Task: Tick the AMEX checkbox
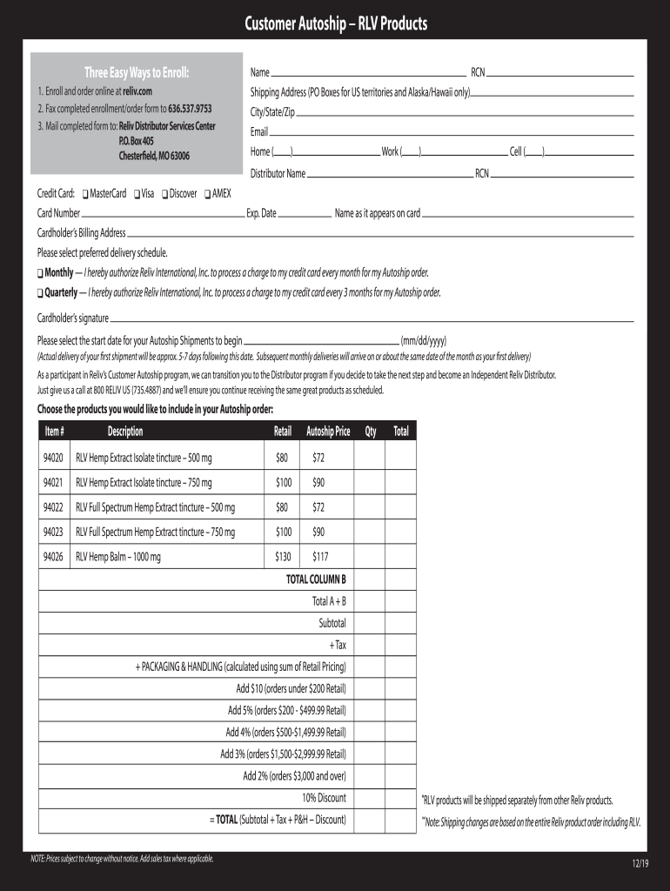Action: (x=207, y=194)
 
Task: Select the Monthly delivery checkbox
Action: (x=40, y=273)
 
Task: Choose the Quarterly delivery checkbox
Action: (x=40, y=293)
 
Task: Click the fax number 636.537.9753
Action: (x=180, y=109)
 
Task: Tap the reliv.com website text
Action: (x=137, y=91)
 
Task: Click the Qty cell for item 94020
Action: (x=371, y=457)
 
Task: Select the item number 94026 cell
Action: (x=53, y=558)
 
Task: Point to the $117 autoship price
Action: (x=319, y=558)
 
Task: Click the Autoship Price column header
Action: (x=328, y=432)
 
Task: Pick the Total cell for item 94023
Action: (x=400, y=533)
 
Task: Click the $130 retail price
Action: (x=282, y=558)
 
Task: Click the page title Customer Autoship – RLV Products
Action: (x=335, y=23)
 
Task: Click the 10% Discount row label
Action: (x=324, y=798)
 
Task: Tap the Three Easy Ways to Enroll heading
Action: (x=136, y=72)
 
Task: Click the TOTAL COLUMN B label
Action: (x=316, y=579)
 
